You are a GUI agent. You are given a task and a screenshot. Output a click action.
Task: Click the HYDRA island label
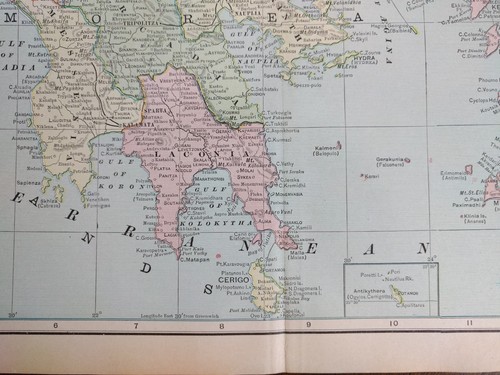pos(366,60)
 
